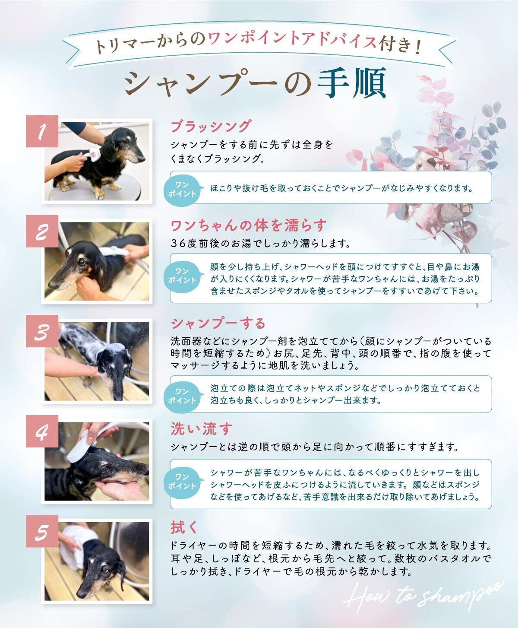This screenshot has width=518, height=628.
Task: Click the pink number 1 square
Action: pyautogui.click(x=42, y=131)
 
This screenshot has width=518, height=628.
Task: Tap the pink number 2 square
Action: pyautogui.click(x=42, y=232)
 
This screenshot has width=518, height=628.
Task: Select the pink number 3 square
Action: pyautogui.click(x=42, y=331)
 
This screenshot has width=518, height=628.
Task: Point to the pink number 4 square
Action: pyautogui.click(x=42, y=431)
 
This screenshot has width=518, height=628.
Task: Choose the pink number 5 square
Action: pyautogui.click(x=42, y=531)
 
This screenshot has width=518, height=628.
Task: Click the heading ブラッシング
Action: pyautogui.click(x=211, y=126)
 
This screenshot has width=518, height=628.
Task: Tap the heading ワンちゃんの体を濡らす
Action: pyautogui.click(x=248, y=225)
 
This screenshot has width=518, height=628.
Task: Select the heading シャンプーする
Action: pyautogui.click(x=218, y=324)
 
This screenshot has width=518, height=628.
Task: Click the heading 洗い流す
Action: pyautogui.click(x=202, y=428)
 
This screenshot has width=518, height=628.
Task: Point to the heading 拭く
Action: pyautogui.click(x=184, y=527)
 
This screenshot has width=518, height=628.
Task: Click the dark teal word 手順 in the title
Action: pyautogui.click(x=352, y=83)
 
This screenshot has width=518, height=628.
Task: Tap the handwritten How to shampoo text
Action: pyautogui.click(x=424, y=594)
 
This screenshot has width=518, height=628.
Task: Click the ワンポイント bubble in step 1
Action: pyautogui.click(x=182, y=189)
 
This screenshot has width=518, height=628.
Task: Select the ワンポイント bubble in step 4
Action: pyautogui.click(x=182, y=482)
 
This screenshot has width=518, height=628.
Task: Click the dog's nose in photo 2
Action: pyautogui.click(x=53, y=283)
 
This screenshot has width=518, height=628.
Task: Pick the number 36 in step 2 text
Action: pyautogui.click(x=178, y=244)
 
